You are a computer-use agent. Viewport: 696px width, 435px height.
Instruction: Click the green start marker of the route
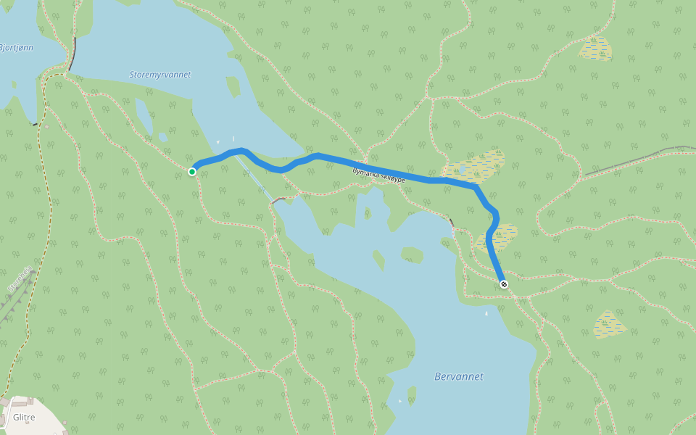(x=192, y=172)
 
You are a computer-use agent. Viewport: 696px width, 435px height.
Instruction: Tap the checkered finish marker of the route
(x=504, y=284)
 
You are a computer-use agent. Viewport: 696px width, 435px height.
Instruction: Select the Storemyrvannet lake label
(x=159, y=75)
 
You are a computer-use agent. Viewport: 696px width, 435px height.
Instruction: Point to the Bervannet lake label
(x=458, y=376)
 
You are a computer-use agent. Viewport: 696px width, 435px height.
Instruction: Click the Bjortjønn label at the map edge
(x=16, y=48)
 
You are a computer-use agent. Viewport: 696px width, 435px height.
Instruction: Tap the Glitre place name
(x=24, y=417)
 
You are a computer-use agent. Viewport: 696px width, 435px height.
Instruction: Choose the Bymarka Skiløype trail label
(x=378, y=175)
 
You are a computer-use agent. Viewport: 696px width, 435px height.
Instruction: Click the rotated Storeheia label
(x=20, y=278)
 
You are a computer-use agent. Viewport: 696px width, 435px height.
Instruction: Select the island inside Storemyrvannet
(x=233, y=86)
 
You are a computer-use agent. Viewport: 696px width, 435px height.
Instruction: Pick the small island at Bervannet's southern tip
(x=412, y=394)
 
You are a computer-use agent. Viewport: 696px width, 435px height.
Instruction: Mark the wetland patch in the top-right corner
(x=596, y=49)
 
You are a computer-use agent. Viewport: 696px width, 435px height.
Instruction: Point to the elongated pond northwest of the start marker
(x=144, y=115)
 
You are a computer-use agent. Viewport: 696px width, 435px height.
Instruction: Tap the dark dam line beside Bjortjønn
(x=72, y=54)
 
